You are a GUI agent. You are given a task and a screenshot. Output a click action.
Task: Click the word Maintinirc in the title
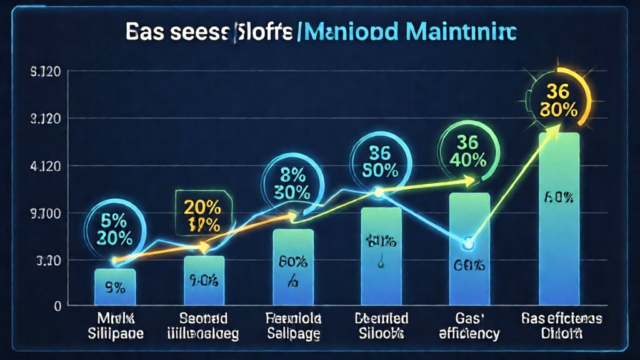466,32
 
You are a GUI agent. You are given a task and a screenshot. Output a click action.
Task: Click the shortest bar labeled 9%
115,287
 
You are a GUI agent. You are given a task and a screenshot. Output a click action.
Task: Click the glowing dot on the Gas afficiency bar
467,243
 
